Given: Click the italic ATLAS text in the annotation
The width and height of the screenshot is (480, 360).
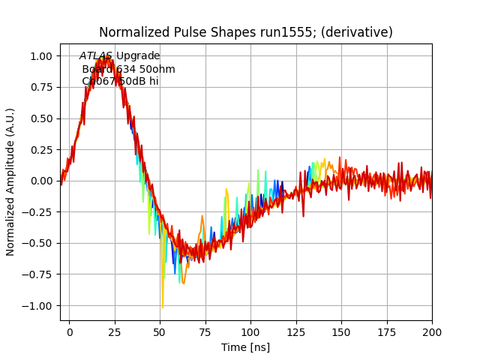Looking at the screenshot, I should point(96,56).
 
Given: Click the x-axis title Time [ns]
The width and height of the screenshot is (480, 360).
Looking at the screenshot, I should point(245,347).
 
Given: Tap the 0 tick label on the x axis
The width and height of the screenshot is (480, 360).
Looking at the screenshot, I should point(70,331).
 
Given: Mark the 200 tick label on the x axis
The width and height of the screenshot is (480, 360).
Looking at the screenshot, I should point(432,331).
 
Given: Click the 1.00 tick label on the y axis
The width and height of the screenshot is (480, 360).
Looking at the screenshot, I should point(40,56).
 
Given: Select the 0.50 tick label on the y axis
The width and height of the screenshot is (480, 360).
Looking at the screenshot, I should point(40,118).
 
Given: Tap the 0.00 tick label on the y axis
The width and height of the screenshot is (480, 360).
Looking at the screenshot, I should point(40,181).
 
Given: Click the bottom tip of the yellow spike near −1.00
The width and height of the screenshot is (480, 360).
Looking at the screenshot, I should point(162,307).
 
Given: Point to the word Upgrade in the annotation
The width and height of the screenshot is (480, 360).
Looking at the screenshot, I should point(138,56).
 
